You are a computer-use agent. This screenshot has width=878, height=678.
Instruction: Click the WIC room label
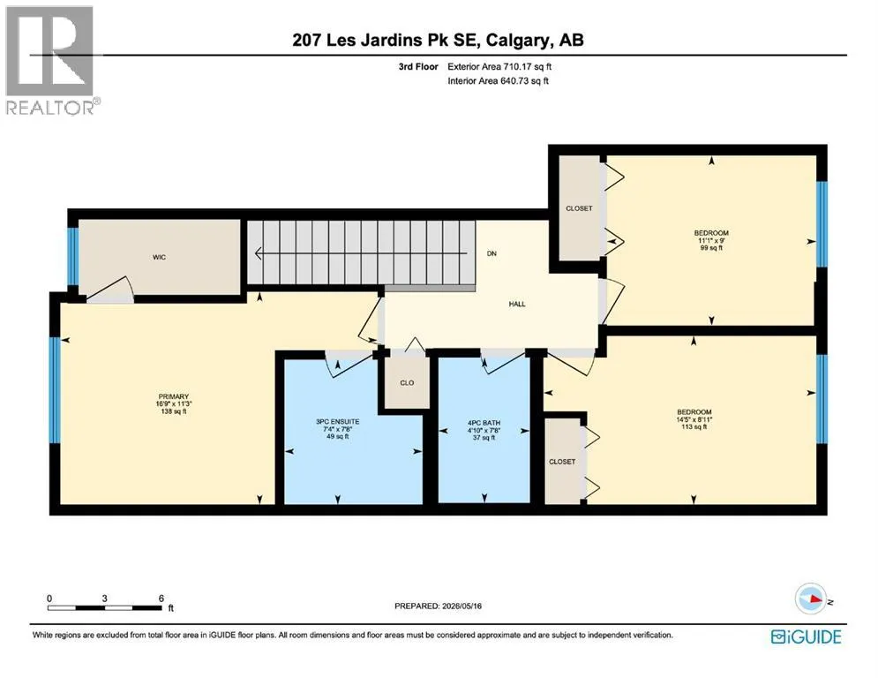pos(159,257)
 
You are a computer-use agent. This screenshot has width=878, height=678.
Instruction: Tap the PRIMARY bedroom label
pos(174,396)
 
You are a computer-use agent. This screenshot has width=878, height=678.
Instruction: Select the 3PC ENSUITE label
pos(337,422)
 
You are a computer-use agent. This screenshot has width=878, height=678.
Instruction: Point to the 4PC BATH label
pos(484,423)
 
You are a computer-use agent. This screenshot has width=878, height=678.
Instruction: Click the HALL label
pos(517,305)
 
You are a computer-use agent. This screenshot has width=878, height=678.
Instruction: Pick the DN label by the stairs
pos(492,254)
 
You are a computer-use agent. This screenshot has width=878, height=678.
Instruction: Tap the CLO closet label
pos(407,383)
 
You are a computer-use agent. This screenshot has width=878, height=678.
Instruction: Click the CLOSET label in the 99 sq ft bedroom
pos(579,208)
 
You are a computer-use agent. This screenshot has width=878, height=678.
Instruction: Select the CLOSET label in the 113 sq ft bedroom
pos(562,462)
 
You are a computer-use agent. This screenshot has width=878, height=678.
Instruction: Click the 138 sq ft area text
pos(174,411)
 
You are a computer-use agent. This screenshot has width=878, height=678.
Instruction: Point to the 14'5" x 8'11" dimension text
pos(694,419)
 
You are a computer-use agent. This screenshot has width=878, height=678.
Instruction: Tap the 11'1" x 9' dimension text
pos(711,240)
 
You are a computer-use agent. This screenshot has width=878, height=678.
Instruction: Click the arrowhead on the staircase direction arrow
pos(259,254)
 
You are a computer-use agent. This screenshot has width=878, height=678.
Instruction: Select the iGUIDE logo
pos(806,637)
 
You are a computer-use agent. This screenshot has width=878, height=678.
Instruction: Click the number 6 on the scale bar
pos(161,599)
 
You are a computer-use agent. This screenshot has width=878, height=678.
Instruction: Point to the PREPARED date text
pos(438,606)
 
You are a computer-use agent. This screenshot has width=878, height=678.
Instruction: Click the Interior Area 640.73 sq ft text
pos(498,80)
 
